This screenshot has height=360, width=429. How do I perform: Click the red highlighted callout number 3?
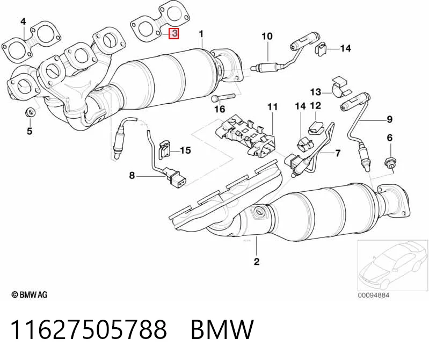click(174, 33)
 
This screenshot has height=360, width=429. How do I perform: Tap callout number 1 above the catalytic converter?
click(201, 34)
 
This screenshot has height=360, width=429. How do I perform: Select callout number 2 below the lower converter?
click(256, 262)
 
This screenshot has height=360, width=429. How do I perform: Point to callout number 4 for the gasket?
click(23, 21)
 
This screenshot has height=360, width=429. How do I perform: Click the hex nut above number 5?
click(30, 112)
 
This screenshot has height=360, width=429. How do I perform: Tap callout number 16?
click(220, 109)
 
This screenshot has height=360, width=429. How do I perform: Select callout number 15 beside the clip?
click(185, 150)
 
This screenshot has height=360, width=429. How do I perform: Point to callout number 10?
click(267, 36)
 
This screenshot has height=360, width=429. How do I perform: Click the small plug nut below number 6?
click(390, 163)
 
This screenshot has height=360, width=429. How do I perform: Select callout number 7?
click(338, 153)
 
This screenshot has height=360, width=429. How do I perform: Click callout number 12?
click(316, 105)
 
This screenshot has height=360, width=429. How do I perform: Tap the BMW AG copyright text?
click(30, 294)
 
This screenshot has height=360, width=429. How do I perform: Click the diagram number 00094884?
click(374, 295)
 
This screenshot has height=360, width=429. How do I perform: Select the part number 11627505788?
click(89, 329)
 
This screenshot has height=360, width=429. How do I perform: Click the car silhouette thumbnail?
click(393, 265)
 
